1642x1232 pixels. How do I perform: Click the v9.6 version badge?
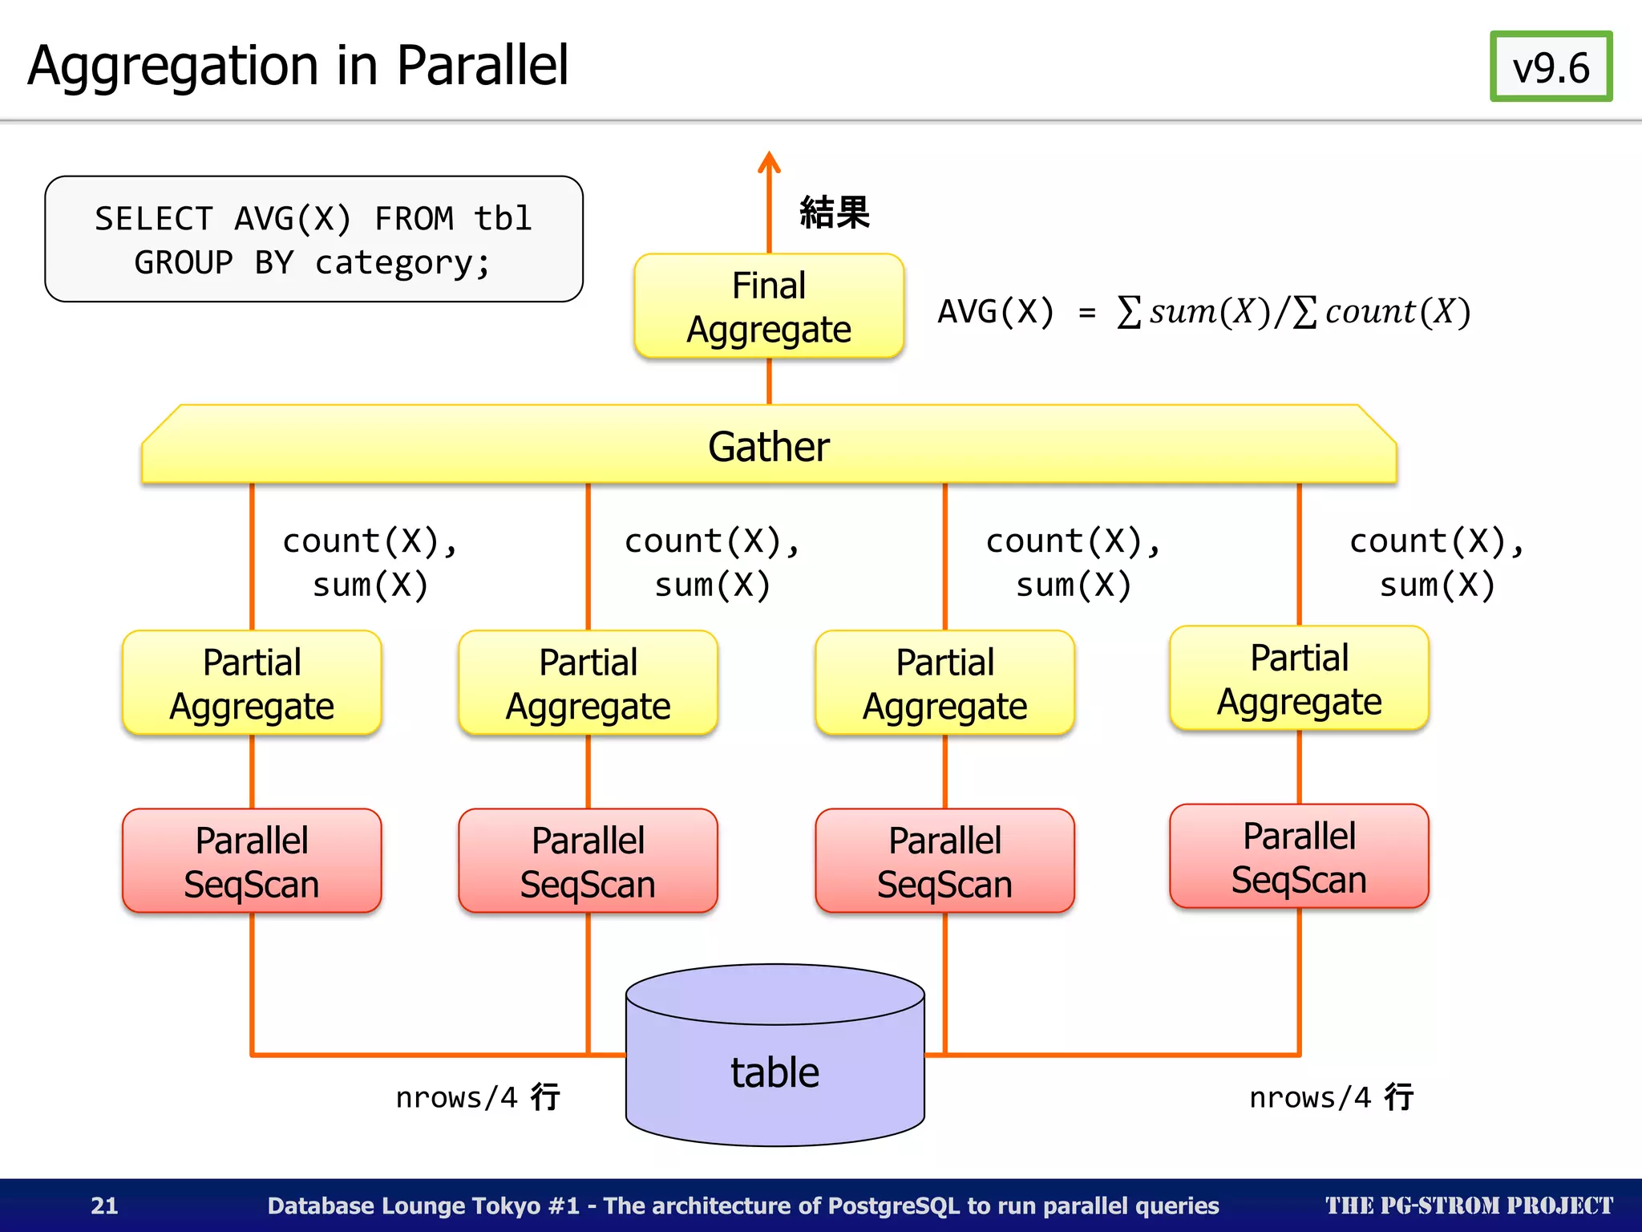[x=1550, y=67]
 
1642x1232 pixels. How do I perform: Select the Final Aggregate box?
[x=768, y=306]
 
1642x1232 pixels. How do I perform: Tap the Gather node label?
[x=768, y=446]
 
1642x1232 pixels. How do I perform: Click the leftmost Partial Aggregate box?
[x=252, y=683]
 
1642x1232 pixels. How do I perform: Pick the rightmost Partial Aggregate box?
[x=1299, y=679]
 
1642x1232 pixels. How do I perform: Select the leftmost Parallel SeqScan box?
[x=252, y=861]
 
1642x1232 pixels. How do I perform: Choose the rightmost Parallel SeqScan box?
[x=1299, y=857]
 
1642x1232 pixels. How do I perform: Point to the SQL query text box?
[x=313, y=239]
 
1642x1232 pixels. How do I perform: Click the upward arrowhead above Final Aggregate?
[x=769, y=162]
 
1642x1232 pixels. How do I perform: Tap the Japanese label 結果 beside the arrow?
[x=834, y=213]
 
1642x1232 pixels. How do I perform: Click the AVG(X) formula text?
[x=1203, y=311]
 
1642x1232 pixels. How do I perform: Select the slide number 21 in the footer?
[x=104, y=1205]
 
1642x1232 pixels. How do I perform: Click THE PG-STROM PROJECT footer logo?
[x=1468, y=1205]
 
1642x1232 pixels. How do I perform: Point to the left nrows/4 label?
[x=478, y=1096]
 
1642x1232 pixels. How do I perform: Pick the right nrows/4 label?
[x=1331, y=1096]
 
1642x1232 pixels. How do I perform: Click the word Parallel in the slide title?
[x=482, y=66]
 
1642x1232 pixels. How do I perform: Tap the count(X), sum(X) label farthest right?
[x=1437, y=563]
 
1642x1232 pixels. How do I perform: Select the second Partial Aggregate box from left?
[x=588, y=683]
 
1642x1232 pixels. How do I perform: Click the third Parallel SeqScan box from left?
[x=944, y=861]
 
